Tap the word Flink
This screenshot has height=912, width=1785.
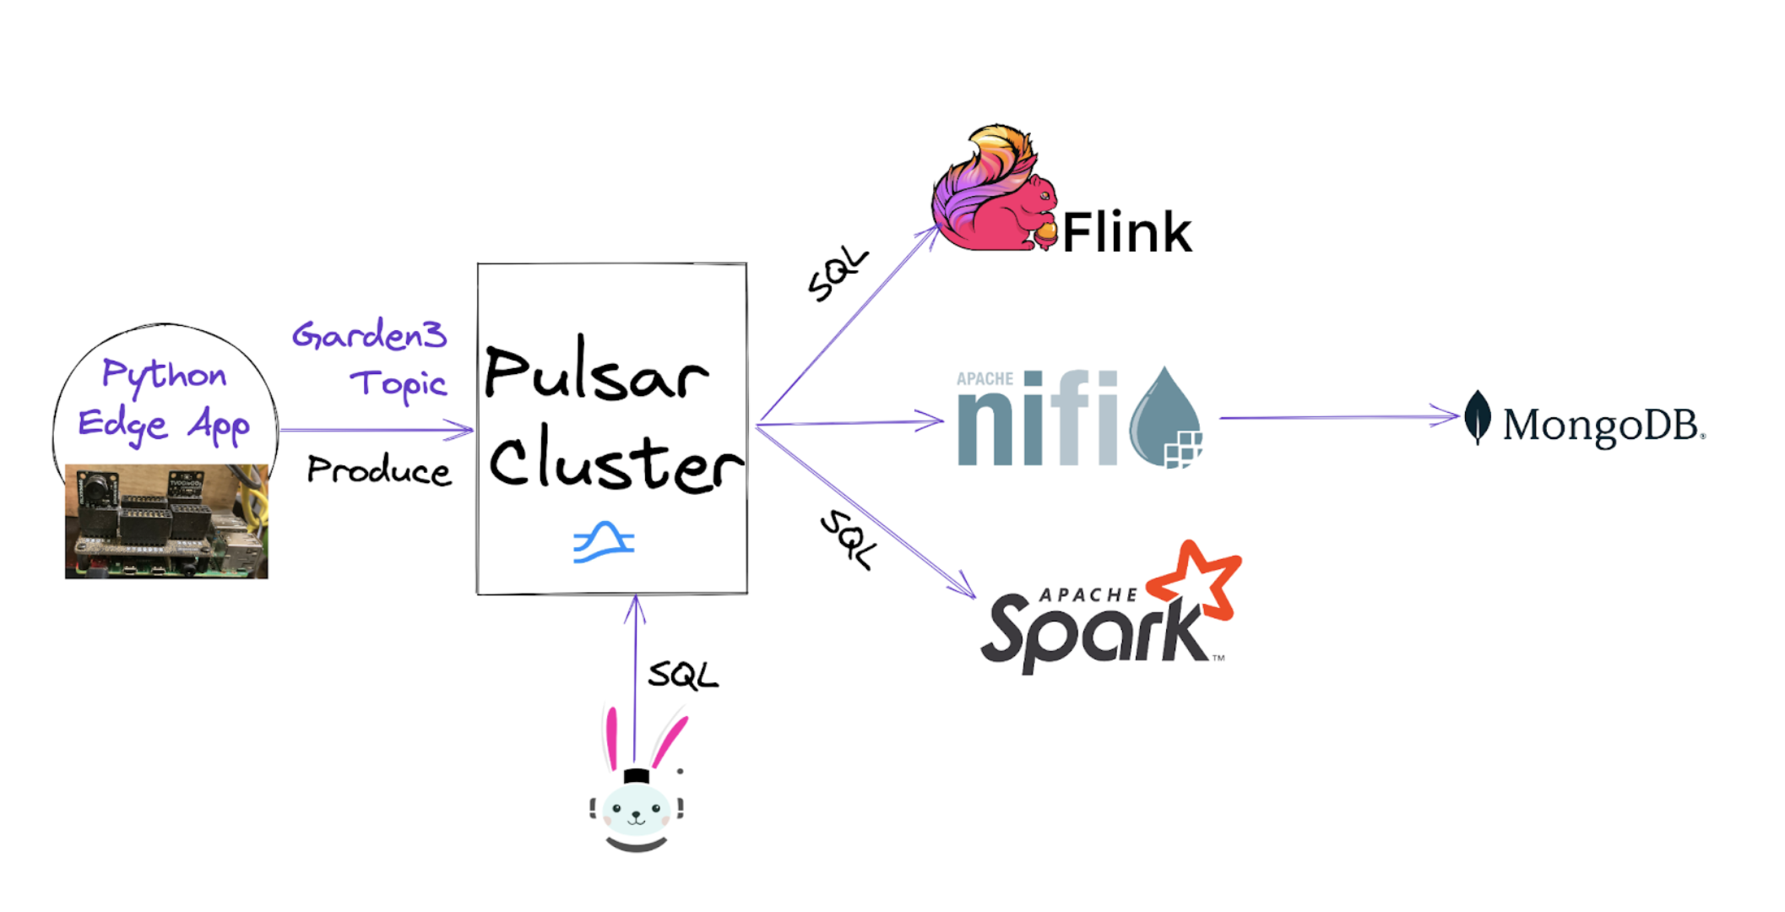(1126, 233)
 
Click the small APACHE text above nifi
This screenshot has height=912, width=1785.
(985, 379)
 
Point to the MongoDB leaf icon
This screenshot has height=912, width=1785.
(1477, 416)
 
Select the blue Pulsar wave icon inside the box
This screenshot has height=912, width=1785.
(604, 542)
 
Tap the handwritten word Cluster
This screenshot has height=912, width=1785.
(615, 461)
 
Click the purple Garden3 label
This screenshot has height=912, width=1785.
(369, 335)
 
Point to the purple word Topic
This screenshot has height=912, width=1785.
(399, 385)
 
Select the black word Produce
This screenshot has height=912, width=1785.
(378, 470)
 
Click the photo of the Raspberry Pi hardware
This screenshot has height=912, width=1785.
(166, 521)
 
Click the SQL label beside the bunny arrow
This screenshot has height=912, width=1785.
(682, 675)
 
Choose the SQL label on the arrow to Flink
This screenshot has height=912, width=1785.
(837, 274)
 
